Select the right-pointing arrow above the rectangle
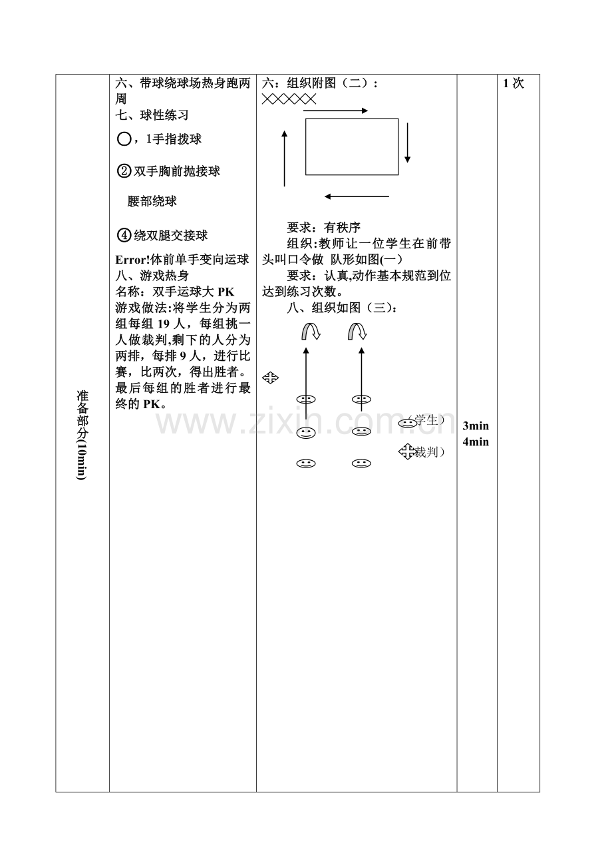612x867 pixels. click(335, 111)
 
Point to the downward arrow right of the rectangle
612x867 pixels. click(407, 143)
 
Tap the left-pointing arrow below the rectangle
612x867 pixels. click(357, 196)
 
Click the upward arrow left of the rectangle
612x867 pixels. click(285, 158)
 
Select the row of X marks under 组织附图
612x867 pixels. click(289, 99)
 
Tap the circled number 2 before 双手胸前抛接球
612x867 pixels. click(124, 171)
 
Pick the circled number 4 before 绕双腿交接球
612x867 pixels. click(124, 235)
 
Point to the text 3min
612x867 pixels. click(476, 426)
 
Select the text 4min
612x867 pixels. click(476, 442)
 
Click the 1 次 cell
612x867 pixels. click(514, 83)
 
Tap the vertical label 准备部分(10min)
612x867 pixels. click(82, 435)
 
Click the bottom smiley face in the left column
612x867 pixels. click(306, 463)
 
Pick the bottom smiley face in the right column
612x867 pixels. click(361, 463)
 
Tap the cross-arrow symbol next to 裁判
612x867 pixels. click(406, 451)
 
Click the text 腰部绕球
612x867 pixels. click(152, 202)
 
